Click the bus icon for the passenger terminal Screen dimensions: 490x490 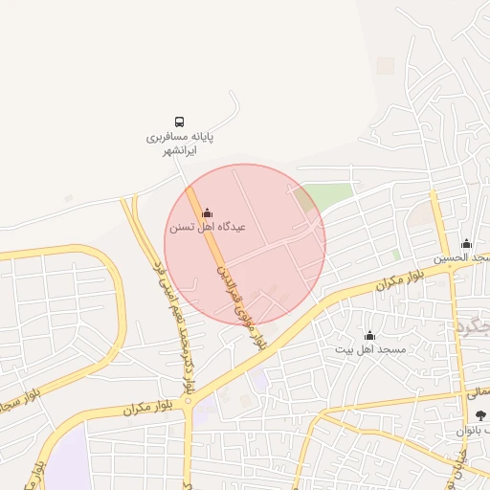coord(179,122)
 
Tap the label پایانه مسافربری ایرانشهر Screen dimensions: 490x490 coord(179,144)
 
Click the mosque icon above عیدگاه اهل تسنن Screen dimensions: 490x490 coord(208,212)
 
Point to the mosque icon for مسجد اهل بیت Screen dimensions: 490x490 coord(369,335)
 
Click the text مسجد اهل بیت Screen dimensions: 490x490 coord(369,350)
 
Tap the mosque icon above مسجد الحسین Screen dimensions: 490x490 coord(466,243)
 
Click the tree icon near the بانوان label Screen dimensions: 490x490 coord(479,414)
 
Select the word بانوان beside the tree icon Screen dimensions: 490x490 coord(473,430)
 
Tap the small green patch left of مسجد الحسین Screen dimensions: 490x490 coord(396,255)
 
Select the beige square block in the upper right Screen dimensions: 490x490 coord(385,66)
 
